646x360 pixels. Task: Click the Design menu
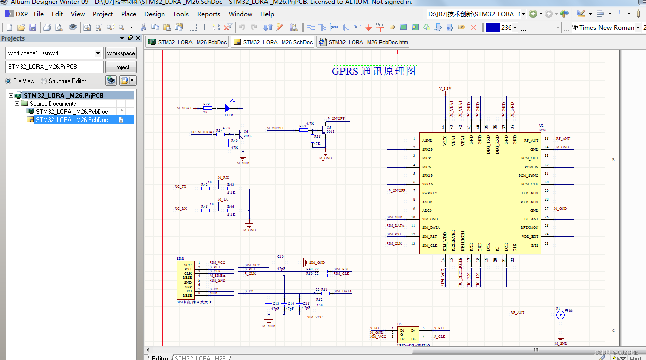point(154,14)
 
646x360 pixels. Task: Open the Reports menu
point(208,14)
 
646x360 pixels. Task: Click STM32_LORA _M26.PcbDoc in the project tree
point(71,111)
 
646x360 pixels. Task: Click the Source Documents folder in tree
point(53,103)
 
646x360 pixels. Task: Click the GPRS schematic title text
point(374,71)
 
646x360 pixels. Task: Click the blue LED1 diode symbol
point(227,108)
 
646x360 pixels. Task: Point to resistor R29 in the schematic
point(206,108)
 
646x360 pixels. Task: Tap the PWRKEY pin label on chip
point(429,193)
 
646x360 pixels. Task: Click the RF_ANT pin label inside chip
point(531,140)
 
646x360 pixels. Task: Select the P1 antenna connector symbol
point(560,315)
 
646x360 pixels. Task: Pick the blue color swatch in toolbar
point(492,28)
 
